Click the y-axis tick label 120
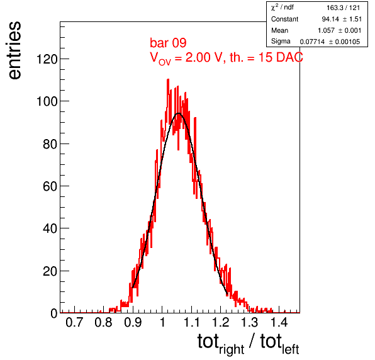click(x=47, y=59)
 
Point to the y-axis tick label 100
click(x=47, y=101)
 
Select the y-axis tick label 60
click(x=50, y=186)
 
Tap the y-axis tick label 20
click(x=50, y=271)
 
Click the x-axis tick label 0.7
click(x=74, y=322)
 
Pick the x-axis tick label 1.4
click(x=279, y=322)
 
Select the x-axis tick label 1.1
click(x=191, y=322)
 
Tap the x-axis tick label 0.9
click(x=133, y=322)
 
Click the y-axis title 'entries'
click(x=14, y=50)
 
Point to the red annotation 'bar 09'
click(x=168, y=43)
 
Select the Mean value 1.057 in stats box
click(x=326, y=30)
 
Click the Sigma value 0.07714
click(x=312, y=42)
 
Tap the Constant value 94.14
click(x=330, y=19)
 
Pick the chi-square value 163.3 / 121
click(x=343, y=8)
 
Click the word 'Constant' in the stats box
click(x=284, y=19)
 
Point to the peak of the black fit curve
click(x=179, y=113)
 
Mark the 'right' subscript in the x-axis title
click(x=232, y=349)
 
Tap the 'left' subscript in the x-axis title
click(x=290, y=349)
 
